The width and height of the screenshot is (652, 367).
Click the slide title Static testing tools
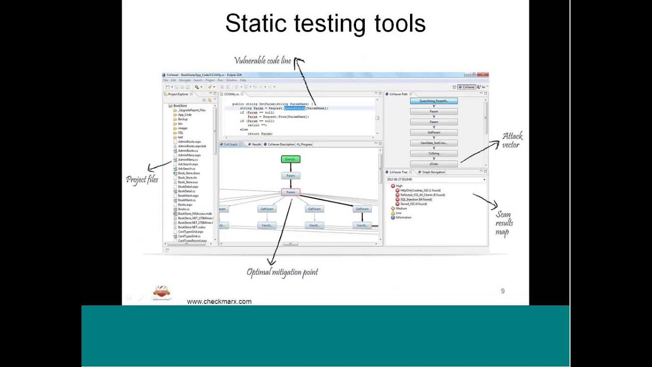(x=325, y=24)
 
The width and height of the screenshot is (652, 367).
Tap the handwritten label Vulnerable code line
(x=262, y=61)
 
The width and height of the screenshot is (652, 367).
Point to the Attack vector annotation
(x=512, y=140)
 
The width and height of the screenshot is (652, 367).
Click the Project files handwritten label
(x=142, y=179)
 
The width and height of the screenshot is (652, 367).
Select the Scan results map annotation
(x=504, y=223)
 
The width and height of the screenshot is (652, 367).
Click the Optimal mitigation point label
(x=282, y=272)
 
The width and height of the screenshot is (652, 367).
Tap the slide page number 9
(x=503, y=291)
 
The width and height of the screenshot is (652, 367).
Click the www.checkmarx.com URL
(x=219, y=301)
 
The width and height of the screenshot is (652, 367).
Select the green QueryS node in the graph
(x=290, y=159)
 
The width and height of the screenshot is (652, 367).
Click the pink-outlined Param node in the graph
(x=290, y=192)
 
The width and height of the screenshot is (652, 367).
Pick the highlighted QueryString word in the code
(x=294, y=108)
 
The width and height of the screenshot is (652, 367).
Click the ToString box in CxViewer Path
(x=433, y=153)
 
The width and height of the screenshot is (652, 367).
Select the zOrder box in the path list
(x=433, y=164)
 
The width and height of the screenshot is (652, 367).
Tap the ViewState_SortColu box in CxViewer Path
(x=433, y=143)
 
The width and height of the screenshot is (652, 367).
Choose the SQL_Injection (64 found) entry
(x=416, y=199)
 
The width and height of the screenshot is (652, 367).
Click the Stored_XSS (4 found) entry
(x=413, y=204)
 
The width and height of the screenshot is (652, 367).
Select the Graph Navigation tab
(x=433, y=172)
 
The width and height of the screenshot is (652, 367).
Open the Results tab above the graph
(x=256, y=144)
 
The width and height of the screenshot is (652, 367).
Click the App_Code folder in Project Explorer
(x=184, y=115)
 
